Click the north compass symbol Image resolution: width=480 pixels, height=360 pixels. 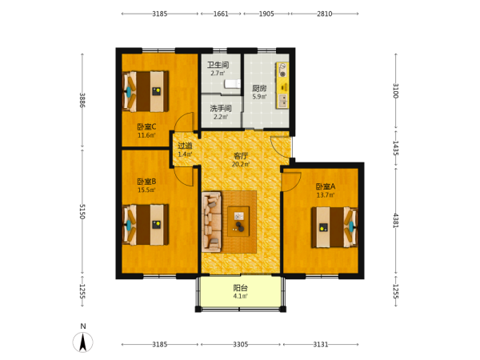(x=82, y=342)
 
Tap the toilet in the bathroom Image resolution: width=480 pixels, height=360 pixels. (x=232, y=84)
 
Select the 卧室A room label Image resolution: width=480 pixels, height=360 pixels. (x=326, y=186)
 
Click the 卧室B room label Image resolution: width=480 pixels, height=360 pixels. (x=146, y=182)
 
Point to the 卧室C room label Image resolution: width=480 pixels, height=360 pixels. (x=146, y=126)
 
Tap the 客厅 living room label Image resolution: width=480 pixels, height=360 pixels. (x=241, y=156)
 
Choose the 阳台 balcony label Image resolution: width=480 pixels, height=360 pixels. (x=241, y=288)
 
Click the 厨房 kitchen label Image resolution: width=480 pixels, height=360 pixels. (x=259, y=89)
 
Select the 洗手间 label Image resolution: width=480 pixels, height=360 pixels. (x=221, y=108)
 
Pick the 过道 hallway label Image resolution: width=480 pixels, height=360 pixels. (x=185, y=146)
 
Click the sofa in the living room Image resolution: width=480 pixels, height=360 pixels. (x=211, y=222)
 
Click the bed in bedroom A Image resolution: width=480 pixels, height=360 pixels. (x=334, y=227)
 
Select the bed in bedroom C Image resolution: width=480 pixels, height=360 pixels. (x=146, y=91)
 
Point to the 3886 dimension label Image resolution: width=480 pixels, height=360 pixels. (x=82, y=100)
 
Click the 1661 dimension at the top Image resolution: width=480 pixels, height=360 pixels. (x=221, y=14)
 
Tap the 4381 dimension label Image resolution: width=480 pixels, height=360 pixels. (x=395, y=221)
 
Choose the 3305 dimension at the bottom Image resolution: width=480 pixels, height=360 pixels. (x=241, y=345)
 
